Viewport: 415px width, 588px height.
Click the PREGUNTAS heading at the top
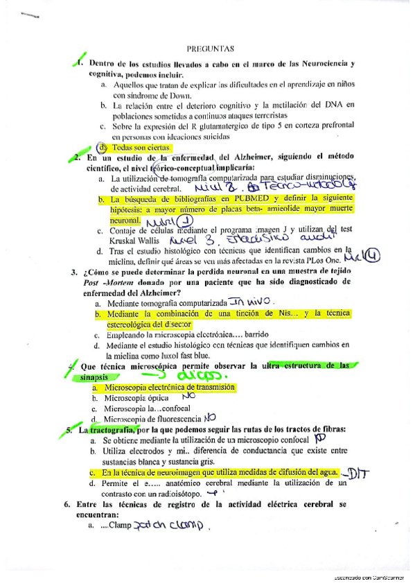[211, 49]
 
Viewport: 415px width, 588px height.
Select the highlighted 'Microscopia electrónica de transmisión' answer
[170, 387]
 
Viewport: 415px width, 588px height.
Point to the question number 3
[73, 272]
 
